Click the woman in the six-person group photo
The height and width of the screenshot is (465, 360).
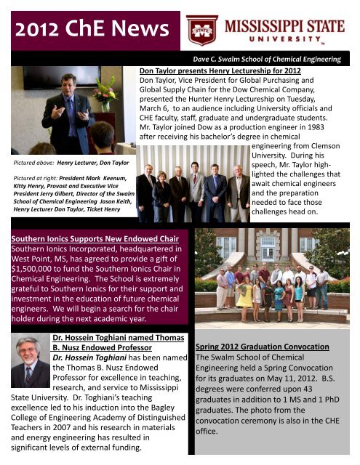161,184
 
